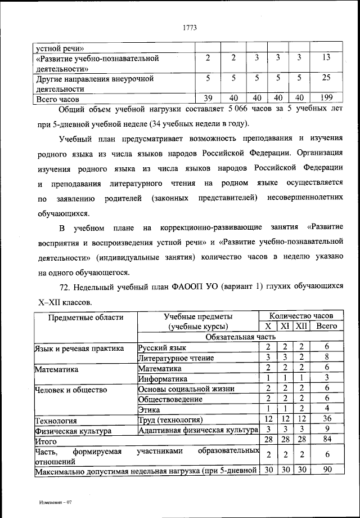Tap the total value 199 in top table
pyautogui.click(x=326, y=98)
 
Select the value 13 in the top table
pyautogui.click(x=326, y=58)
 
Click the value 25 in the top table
pyautogui.click(x=326, y=78)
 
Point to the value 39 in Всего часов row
pyautogui.click(x=208, y=98)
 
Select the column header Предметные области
pyautogui.click(x=85, y=317)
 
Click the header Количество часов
pyautogui.click(x=301, y=316)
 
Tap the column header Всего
pyautogui.click(x=326, y=326)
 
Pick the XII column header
pyautogui.click(x=301, y=326)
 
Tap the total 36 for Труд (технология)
pyautogui.click(x=326, y=419)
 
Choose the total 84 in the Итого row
pyautogui.click(x=326, y=440)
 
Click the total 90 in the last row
pyautogui.click(x=326, y=470)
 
